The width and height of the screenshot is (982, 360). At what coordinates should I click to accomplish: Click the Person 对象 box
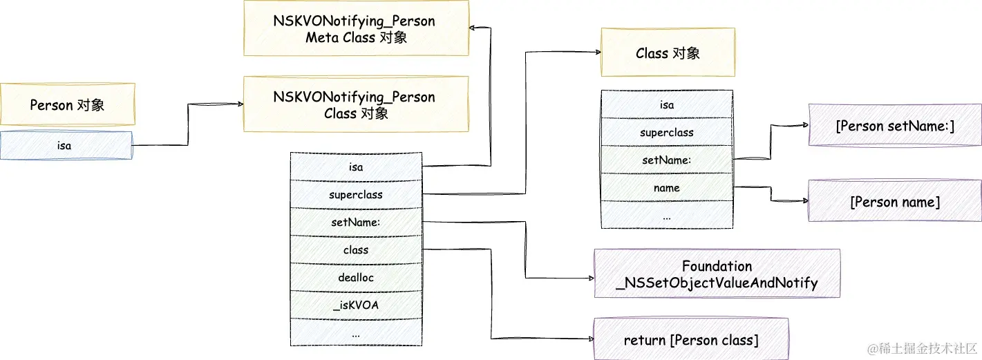pos(67,104)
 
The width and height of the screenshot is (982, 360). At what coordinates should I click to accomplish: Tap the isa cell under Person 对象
pos(66,145)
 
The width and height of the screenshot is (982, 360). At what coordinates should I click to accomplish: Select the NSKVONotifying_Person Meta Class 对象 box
pos(356,29)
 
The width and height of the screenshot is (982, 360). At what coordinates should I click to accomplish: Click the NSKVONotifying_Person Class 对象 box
pos(356,104)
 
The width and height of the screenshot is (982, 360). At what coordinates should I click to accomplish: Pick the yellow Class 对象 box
pos(667,53)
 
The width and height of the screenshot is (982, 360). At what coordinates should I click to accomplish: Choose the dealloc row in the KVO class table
pos(356,277)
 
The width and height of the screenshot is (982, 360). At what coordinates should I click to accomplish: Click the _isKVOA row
pos(356,305)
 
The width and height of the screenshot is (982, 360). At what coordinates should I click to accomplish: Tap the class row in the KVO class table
pos(356,249)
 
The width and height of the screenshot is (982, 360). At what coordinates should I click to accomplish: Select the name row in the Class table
pos(667,187)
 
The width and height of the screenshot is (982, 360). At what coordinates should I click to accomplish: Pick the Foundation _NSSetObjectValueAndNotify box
pos(717,274)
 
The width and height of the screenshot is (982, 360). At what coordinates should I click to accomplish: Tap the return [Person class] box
pos(690,339)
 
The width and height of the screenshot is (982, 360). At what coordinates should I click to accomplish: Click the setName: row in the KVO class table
pos(356,222)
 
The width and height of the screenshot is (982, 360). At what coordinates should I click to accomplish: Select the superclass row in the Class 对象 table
pos(667,132)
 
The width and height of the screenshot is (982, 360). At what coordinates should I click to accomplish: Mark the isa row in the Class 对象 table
pos(667,105)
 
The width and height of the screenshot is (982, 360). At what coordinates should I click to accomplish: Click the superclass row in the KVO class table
pos(356,194)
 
